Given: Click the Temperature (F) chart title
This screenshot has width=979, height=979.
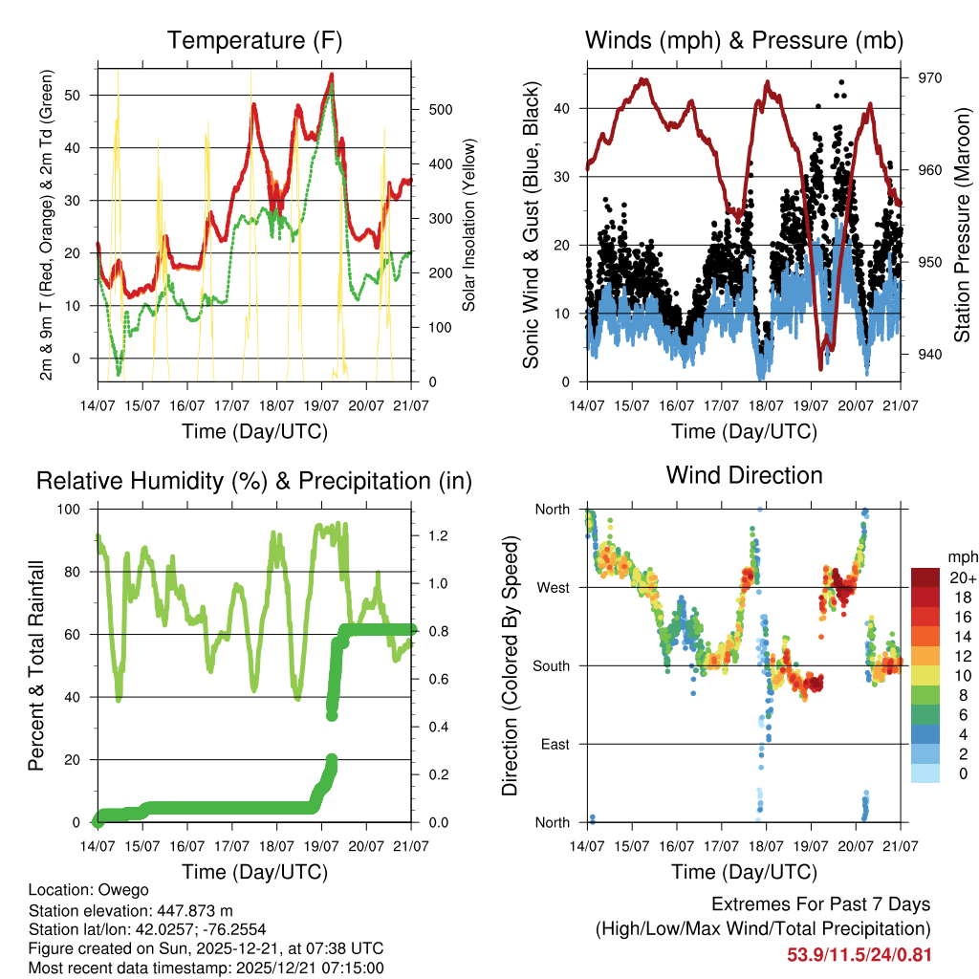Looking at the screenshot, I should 254,40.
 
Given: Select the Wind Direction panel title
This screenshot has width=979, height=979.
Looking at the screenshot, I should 744,474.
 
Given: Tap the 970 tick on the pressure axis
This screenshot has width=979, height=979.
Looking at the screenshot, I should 929,78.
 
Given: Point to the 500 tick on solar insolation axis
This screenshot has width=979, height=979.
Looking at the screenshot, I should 439,109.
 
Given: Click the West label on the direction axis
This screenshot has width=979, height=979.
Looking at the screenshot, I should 552,587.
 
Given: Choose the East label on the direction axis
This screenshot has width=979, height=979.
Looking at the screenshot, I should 554,744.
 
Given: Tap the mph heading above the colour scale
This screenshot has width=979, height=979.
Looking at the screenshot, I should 962,556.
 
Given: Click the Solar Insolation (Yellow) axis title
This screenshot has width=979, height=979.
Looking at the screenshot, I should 469,225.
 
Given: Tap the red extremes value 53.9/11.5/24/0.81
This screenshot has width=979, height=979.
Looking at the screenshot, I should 859,954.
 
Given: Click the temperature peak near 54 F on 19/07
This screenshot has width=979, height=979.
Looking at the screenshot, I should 331,75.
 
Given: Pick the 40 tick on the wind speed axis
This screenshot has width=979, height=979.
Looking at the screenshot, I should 566,108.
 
